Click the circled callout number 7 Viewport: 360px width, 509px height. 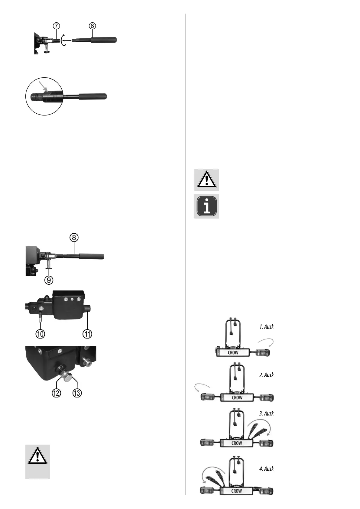(57, 26)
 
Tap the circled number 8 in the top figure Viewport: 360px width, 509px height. (92, 26)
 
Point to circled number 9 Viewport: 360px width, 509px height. (49, 280)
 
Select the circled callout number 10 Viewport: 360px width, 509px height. (40, 334)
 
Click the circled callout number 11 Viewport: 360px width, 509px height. (87, 334)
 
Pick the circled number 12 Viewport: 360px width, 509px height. (56, 393)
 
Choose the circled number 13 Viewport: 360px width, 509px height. (77, 393)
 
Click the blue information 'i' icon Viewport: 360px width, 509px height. (206, 206)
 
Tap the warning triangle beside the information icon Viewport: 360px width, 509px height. (206, 180)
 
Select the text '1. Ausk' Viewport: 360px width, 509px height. (266, 327)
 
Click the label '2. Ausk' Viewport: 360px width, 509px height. (266, 375)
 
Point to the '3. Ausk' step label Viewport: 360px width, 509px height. (266, 413)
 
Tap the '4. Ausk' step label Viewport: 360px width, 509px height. (266, 469)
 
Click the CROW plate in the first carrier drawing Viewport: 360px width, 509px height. (233, 352)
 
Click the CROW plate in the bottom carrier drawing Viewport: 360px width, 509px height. (236, 491)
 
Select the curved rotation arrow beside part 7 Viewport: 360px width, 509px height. (63, 40)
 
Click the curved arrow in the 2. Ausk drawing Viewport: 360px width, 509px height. (202, 387)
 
